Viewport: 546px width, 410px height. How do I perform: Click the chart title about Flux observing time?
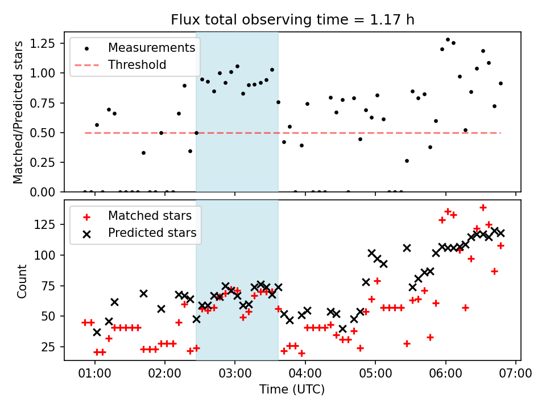pyautogui.click(x=292, y=20)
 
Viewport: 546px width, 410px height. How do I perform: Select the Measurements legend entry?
pyautogui.click(x=151, y=47)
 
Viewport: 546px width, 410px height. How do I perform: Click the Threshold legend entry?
pyautogui.click(x=137, y=65)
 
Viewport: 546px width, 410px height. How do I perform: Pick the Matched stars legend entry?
pyautogui.click(x=150, y=216)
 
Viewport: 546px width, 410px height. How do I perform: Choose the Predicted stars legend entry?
pyautogui.click(x=152, y=233)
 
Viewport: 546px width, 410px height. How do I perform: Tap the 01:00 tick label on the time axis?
pyautogui.click(x=94, y=375)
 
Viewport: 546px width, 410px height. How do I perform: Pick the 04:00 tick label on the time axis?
pyautogui.click(x=305, y=375)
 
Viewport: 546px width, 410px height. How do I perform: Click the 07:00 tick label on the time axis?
pyautogui.click(x=516, y=375)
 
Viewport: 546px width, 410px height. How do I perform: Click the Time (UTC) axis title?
pyautogui.click(x=292, y=390)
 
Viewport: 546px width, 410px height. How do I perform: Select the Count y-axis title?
pyautogui.click(x=22, y=281)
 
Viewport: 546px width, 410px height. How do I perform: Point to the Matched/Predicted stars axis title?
pyautogui.click(x=18, y=112)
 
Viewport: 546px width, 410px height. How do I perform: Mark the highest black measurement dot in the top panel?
pyautogui.click(x=448, y=40)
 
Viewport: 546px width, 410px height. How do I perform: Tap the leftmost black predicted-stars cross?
pyautogui.click(x=97, y=332)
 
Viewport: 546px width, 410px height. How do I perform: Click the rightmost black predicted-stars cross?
pyautogui.click(x=500, y=233)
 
